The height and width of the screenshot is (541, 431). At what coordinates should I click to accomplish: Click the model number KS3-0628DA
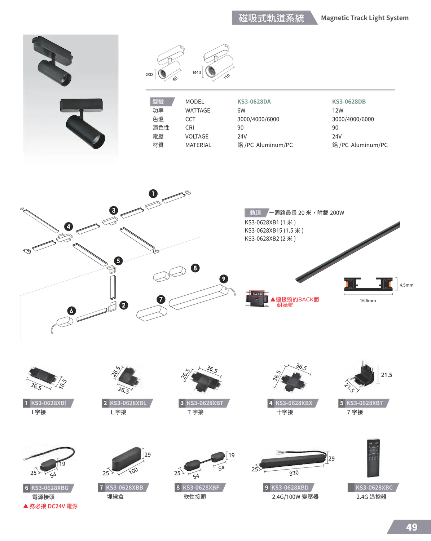[x=254, y=102]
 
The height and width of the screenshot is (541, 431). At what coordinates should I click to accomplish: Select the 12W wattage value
[x=338, y=110]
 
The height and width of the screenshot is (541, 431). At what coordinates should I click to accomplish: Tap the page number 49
[x=412, y=527]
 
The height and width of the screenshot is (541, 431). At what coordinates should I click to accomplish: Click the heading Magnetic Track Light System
[x=365, y=18]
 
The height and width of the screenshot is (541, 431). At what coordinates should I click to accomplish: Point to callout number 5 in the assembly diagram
[x=118, y=261]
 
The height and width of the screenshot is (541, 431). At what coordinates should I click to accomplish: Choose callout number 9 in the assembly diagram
[x=224, y=279]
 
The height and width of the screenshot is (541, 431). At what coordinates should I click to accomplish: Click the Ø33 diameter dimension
[x=149, y=74]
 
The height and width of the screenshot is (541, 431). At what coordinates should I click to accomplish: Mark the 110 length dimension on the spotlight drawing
[x=227, y=76]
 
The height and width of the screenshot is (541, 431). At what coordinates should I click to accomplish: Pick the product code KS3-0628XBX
[x=294, y=403]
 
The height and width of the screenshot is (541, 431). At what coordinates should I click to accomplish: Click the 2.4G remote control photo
[x=373, y=458]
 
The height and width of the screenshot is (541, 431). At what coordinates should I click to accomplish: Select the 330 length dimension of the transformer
[x=294, y=473]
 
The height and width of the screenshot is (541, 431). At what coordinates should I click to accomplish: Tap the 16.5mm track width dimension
[x=368, y=300]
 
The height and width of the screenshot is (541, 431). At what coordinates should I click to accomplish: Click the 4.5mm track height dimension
[x=406, y=285]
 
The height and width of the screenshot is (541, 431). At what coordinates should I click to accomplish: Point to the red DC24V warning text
[x=50, y=506]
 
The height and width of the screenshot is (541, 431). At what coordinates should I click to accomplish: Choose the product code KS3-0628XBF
[x=201, y=488]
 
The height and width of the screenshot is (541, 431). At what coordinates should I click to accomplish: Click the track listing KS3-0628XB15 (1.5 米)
[x=274, y=230]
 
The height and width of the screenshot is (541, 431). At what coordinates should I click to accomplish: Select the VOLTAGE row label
[x=197, y=136]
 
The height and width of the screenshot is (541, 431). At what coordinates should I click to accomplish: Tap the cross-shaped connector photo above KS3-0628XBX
[x=293, y=380]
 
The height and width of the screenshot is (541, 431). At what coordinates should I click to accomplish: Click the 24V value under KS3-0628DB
[x=337, y=136]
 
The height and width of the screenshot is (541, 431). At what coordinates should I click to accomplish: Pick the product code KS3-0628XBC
[x=374, y=488]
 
